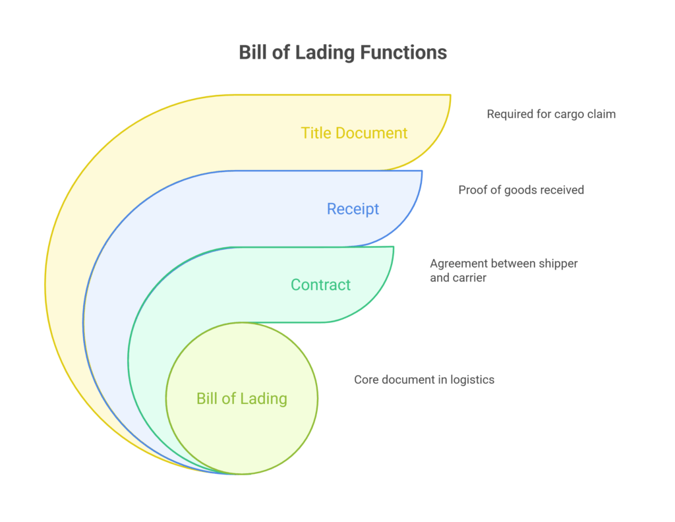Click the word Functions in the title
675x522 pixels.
pyautogui.click(x=403, y=53)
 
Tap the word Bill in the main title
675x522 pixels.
pyautogui.click(x=250, y=53)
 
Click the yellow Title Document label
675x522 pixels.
pyautogui.click(x=354, y=133)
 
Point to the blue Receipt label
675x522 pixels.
pyautogui.click(x=353, y=209)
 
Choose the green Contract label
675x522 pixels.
pyautogui.click(x=321, y=285)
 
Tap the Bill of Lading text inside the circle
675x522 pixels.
pyautogui.click(x=242, y=399)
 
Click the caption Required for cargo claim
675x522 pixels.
pyautogui.click(x=551, y=114)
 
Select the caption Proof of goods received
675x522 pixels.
pyautogui.click(x=521, y=190)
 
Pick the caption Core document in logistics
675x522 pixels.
pyautogui.click(x=424, y=380)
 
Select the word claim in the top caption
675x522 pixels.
pyautogui.click(x=602, y=114)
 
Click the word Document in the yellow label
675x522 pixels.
pyautogui.click(x=372, y=133)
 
